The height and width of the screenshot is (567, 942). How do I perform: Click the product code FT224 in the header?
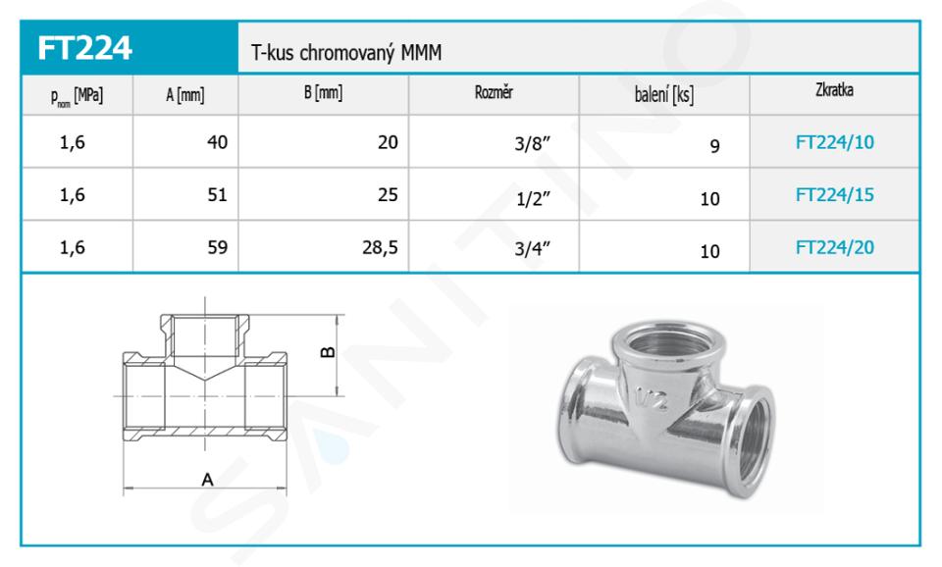tap(84, 48)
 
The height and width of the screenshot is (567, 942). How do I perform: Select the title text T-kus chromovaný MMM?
tap(346, 53)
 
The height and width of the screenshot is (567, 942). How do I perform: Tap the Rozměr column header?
tap(494, 92)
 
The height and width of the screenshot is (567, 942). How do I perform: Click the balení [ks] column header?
tap(664, 95)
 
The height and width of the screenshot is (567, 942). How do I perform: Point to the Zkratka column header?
tap(834, 90)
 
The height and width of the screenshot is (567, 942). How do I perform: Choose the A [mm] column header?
tap(185, 95)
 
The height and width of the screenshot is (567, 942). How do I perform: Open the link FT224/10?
tap(834, 142)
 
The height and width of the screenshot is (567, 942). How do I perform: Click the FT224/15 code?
tap(834, 194)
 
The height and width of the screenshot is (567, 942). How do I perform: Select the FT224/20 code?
tap(834, 247)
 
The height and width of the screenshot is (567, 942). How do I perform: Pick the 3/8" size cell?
tap(532, 143)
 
